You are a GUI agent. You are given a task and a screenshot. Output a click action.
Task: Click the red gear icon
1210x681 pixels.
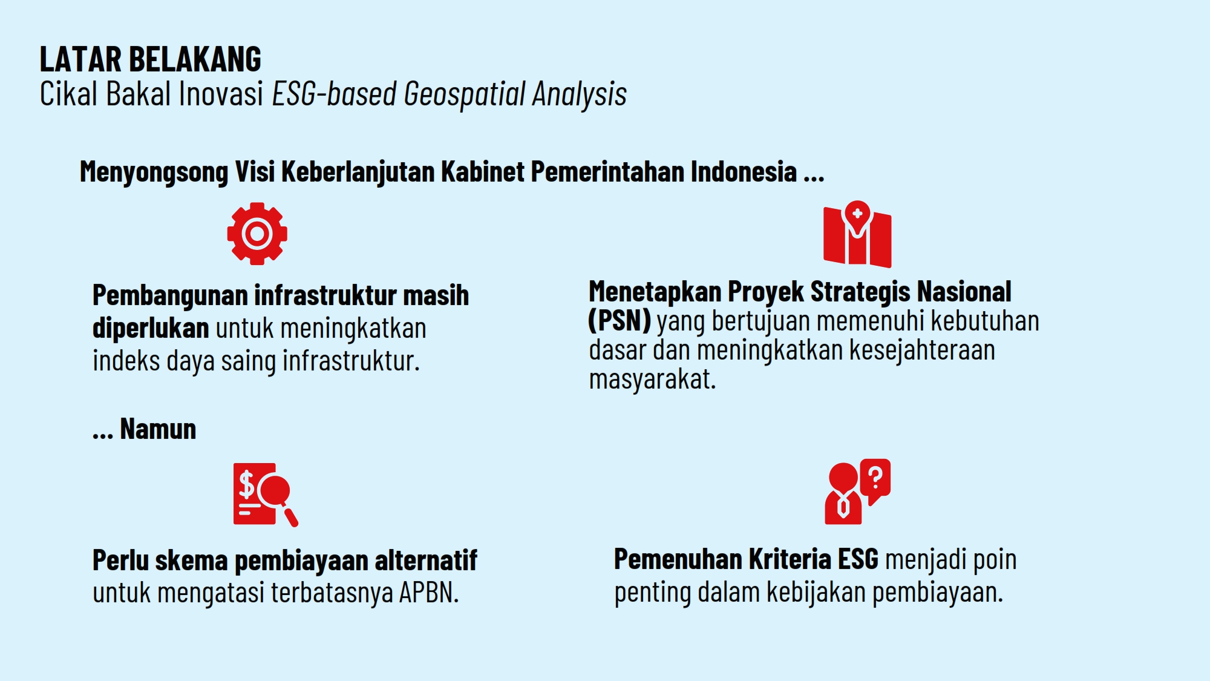pyautogui.click(x=257, y=234)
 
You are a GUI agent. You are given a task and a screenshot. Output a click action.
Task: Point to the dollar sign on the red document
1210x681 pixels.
pyautogui.click(x=246, y=484)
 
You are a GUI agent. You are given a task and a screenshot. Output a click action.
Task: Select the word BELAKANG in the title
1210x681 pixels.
pyautogui.click(x=195, y=59)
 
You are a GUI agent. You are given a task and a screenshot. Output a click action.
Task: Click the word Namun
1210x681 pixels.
pyautogui.click(x=158, y=429)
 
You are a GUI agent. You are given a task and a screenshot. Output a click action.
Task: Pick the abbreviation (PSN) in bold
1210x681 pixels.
pyautogui.click(x=619, y=321)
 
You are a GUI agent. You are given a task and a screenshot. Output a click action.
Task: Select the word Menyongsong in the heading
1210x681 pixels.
pyautogui.click(x=154, y=172)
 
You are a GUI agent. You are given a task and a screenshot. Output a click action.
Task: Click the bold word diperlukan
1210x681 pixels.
pyautogui.click(x=150, y=328)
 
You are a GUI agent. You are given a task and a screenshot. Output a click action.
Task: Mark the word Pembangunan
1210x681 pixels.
pyautogui.click(x=170, y=295)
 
